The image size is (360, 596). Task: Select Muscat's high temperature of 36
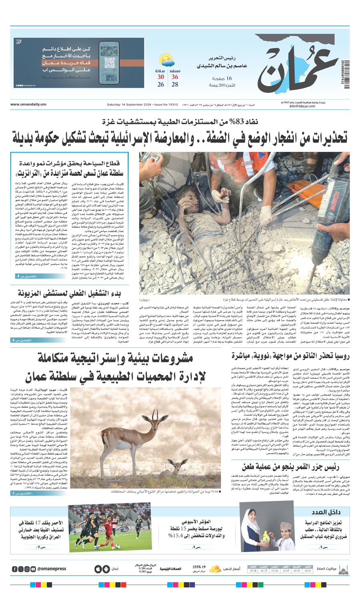click(x=175, y=77)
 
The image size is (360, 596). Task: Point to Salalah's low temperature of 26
click(x=160, y=85)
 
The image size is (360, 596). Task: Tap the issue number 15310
click(x=173, y=105)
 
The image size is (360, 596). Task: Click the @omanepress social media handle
click(x=52, y=569)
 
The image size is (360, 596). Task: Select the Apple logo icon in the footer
click(x=98, y=569)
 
